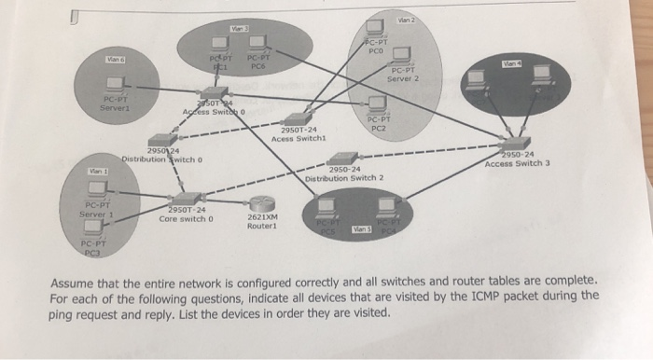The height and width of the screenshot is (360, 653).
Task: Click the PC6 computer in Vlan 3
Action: pos(258,42)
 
